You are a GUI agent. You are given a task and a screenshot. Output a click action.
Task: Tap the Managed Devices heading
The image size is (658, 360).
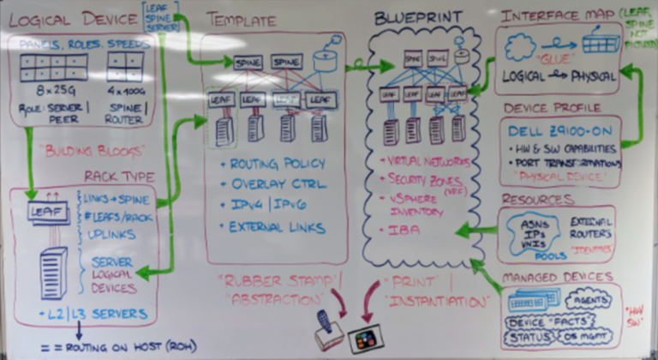tap(556, 277)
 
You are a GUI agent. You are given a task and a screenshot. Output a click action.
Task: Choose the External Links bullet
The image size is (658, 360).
tap(277, 227)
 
